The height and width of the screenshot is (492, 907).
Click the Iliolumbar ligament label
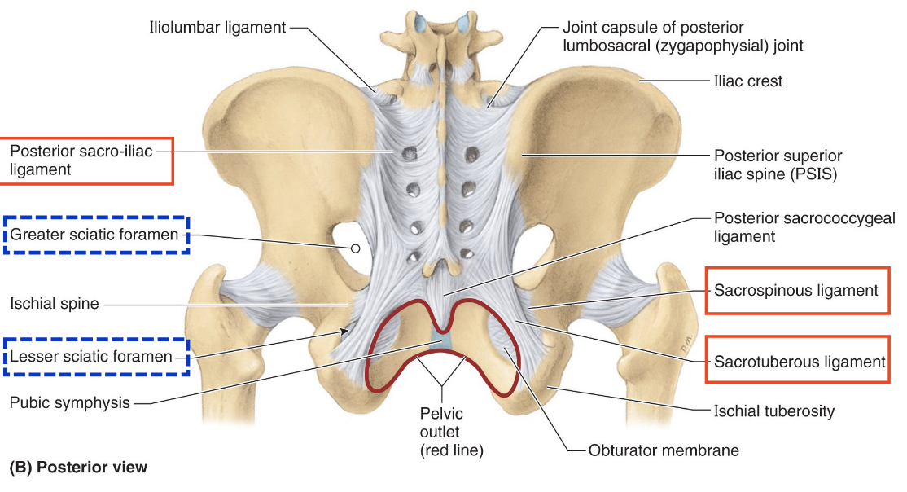[217, 27]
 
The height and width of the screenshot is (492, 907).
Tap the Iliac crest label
[747, 81]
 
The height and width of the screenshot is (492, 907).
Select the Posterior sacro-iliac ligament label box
[87, 160]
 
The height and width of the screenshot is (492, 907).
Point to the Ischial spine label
[54, 304]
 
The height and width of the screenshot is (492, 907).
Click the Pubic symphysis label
[69, 402]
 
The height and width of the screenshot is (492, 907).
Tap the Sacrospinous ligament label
[795, 290]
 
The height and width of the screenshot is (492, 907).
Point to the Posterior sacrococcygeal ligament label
[786, 227]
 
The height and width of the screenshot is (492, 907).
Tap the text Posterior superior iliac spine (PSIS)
[778, 164]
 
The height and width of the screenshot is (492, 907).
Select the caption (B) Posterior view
[78, 468]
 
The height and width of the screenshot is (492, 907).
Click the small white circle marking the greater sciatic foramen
[355, 247]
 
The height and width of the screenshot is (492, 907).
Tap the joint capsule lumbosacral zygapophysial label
[682, 37]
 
